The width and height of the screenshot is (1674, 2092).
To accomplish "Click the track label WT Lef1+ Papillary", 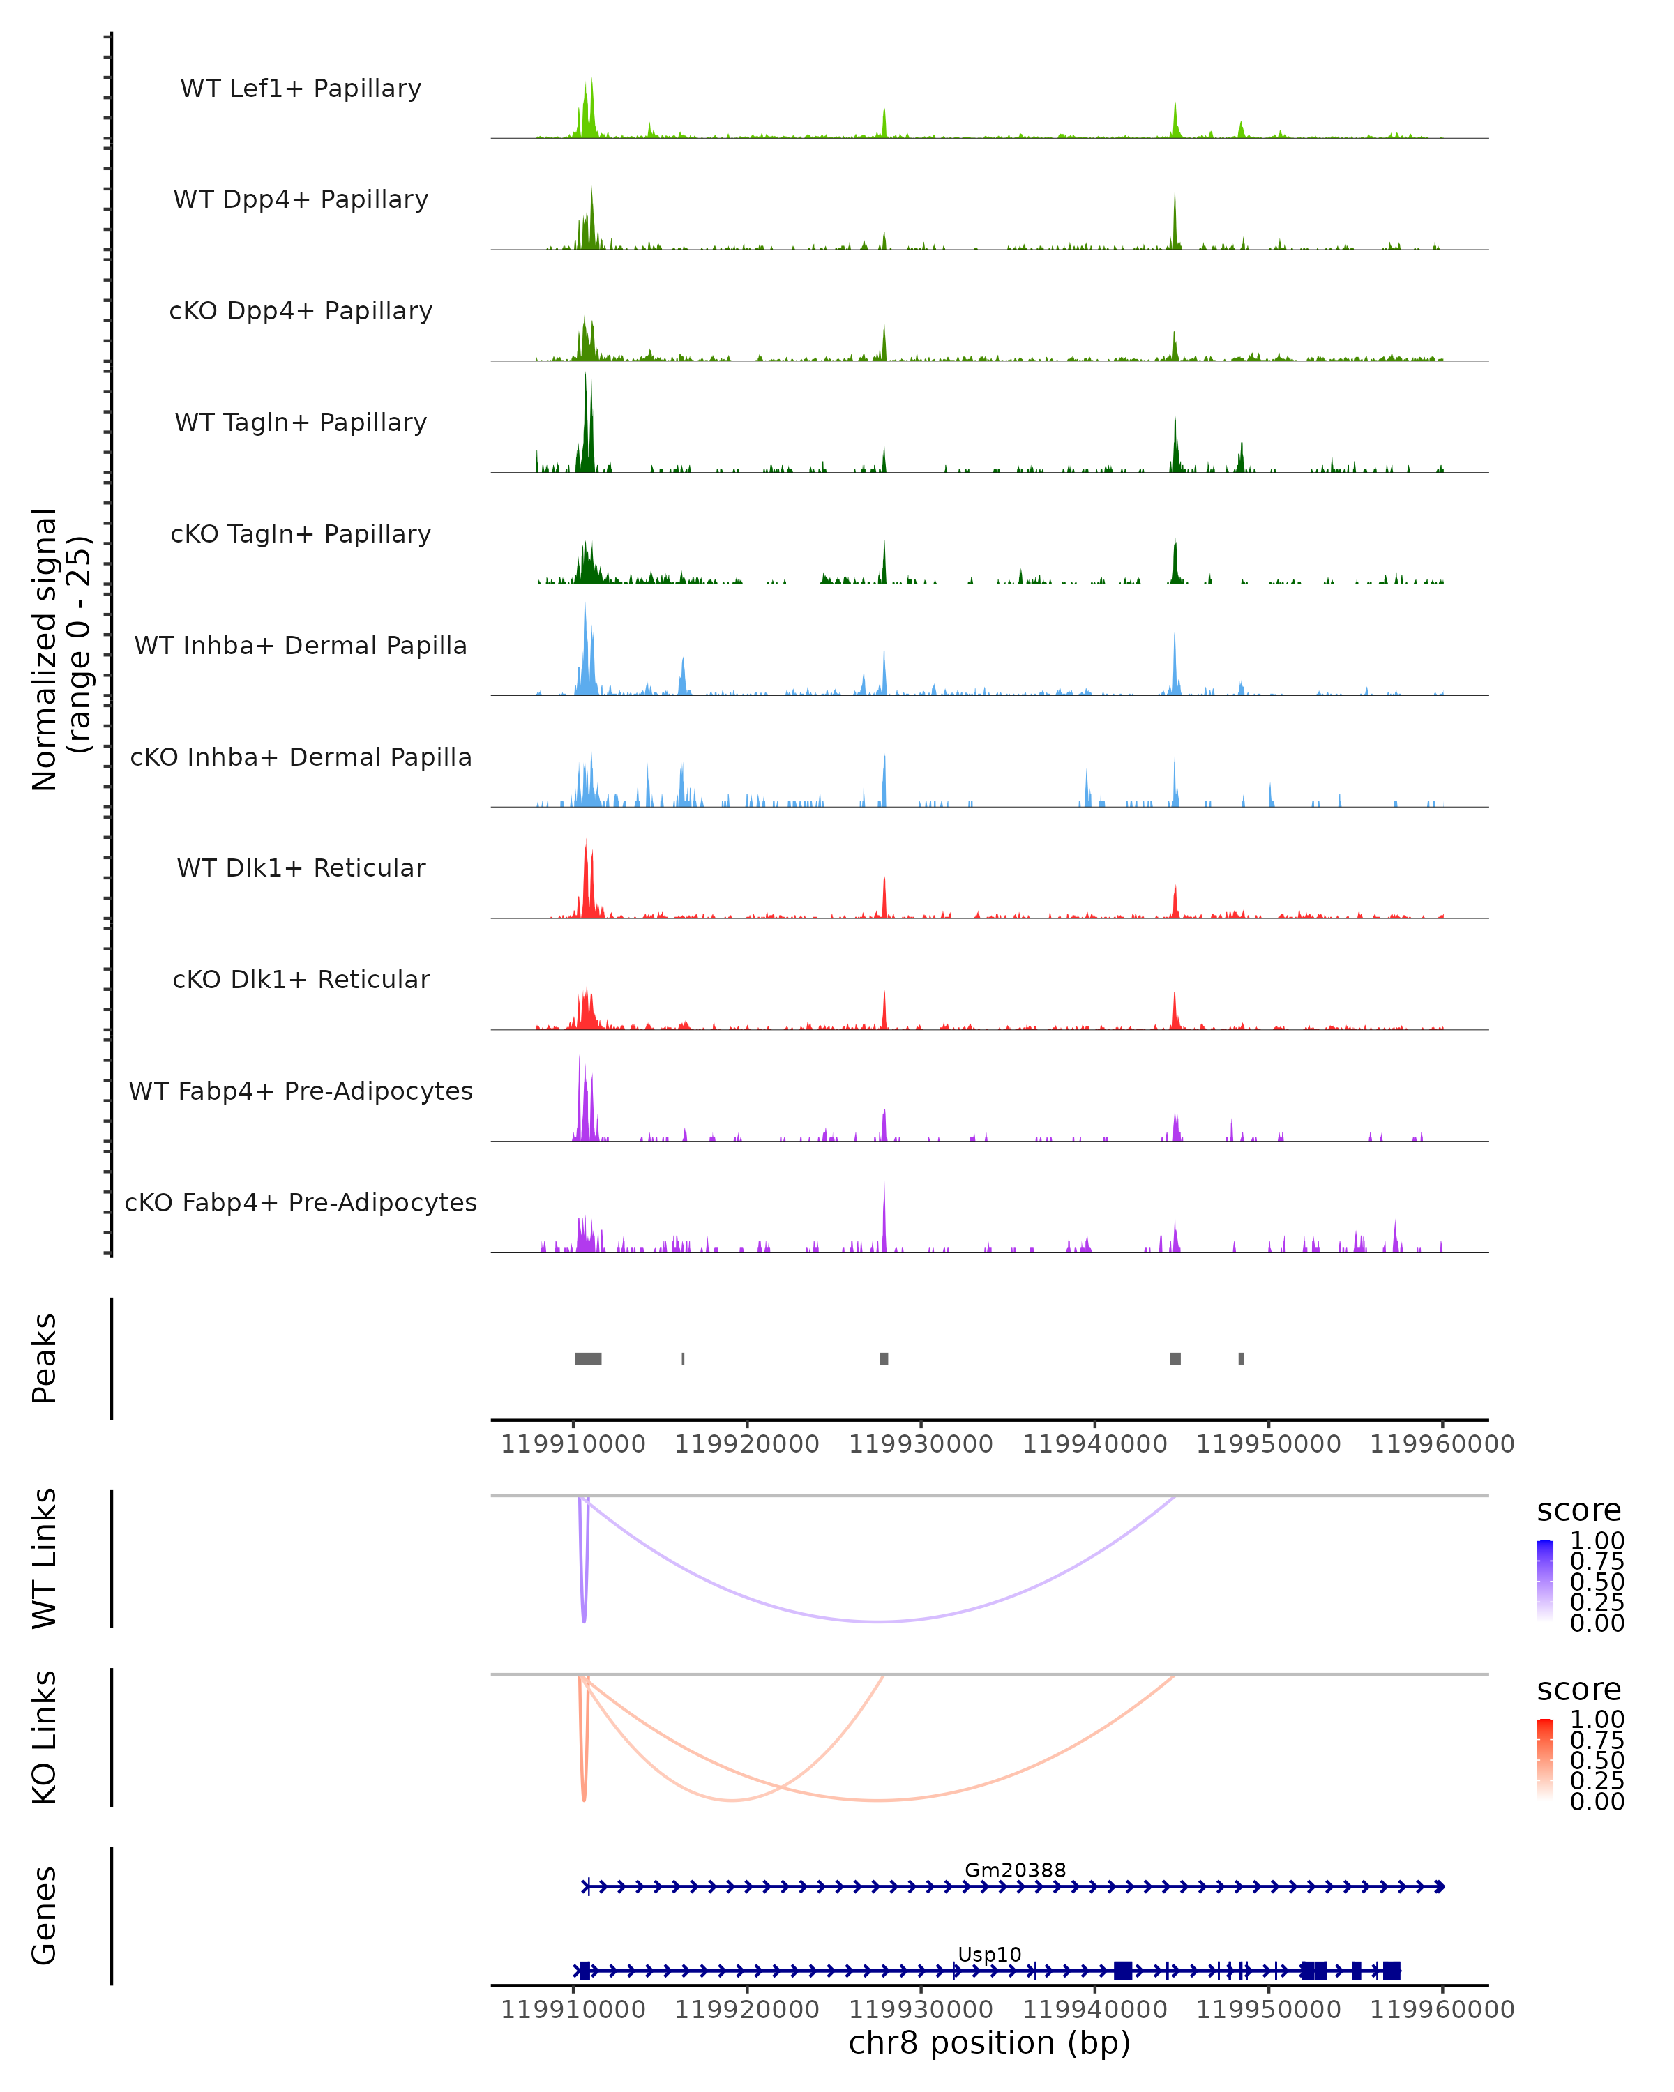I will [x=301, y=89].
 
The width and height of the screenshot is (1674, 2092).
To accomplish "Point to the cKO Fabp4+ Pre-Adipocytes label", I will [x=301, y=1202].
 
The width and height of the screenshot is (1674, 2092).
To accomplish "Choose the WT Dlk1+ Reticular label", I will [x=301, y=867].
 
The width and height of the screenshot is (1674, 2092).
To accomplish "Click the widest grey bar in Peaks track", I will [x=588, y=1358].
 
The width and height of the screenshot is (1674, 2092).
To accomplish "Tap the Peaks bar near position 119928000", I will [x=884, y=1358].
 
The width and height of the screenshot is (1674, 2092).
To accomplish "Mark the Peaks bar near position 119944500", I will [x=1175, y=1358].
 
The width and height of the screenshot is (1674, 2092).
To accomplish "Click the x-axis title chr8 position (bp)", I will [x=989, y=2042].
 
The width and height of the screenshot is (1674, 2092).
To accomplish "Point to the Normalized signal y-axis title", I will [x=60, y=649].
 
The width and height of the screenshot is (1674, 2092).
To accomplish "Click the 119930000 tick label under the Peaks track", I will [x=920, y=1444].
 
